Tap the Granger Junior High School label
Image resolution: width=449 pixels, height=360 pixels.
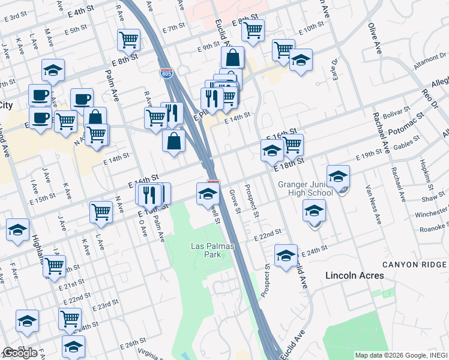[306, 188]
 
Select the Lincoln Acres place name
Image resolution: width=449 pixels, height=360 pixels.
[354, 275]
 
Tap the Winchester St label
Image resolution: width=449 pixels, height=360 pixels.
[434, 213]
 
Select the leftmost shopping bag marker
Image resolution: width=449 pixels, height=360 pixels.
[95, 118]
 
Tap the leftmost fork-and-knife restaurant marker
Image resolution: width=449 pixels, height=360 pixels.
[149, 194]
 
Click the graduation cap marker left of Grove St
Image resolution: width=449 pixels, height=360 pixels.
[208, 194]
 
